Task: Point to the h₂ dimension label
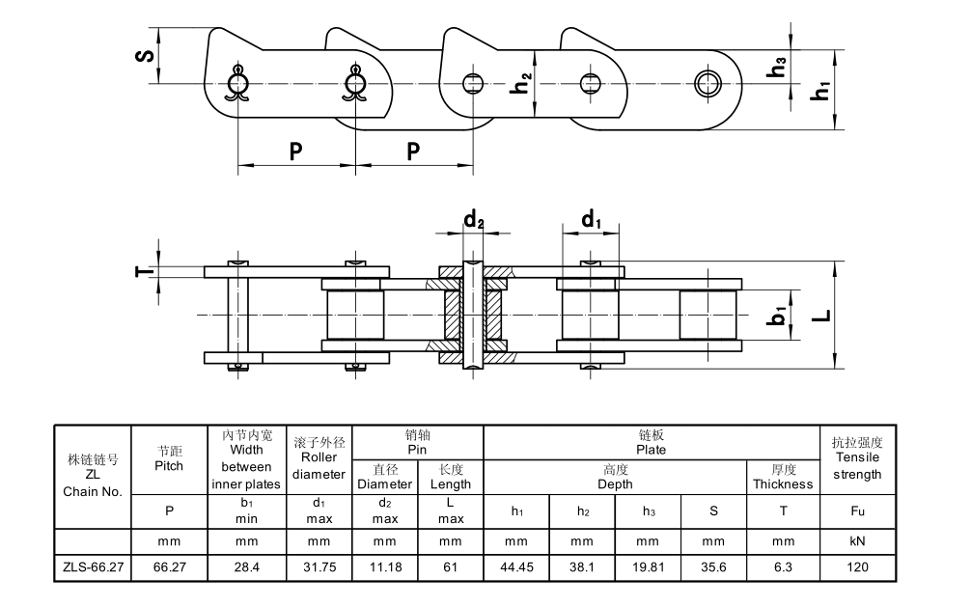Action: tap(520, 84)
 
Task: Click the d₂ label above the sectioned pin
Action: tap(473, 220)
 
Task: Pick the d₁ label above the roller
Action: tap(592, 220)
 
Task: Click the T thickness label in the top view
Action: tap(142, 271)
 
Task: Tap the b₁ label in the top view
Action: tap(777, 316)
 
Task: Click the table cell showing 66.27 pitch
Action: tap(169, 567)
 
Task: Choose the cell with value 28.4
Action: tap(247, 567)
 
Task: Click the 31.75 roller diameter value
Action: tap(319, 567)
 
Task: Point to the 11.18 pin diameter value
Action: tap(385, 567)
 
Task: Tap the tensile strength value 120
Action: tap(856, 567)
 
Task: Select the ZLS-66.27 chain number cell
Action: tap(92, 567)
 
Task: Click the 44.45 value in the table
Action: tap(515, 567)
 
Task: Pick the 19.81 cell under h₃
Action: tap(649, 567)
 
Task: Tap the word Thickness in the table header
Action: tap(783, 483)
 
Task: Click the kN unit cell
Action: tap(856, 541)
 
